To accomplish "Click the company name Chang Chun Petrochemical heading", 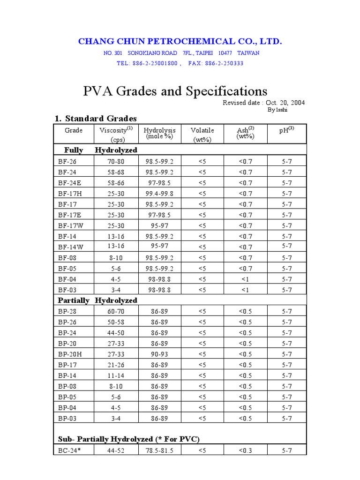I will [x=180, y=42].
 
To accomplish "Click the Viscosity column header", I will [x=116, y=130].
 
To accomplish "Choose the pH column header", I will [x=286, y=130].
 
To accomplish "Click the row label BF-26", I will [x=67, y=161].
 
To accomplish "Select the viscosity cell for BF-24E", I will [x=116, y=183].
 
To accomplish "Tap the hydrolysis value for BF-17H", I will [x=159, y=194].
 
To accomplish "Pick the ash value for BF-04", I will [x=245, y=279].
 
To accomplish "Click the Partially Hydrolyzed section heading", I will [x=97, y=300].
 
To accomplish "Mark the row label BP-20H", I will [x=69, y=354].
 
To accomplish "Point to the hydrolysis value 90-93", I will [x=159, y=354].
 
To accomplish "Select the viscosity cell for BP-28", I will [x=116, y=311].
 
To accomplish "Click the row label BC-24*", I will [x=69, y=451].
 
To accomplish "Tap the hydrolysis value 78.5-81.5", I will [x=159, y=451].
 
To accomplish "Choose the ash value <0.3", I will [x=245, y=451].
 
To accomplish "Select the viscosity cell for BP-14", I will [x=116, y=376].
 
